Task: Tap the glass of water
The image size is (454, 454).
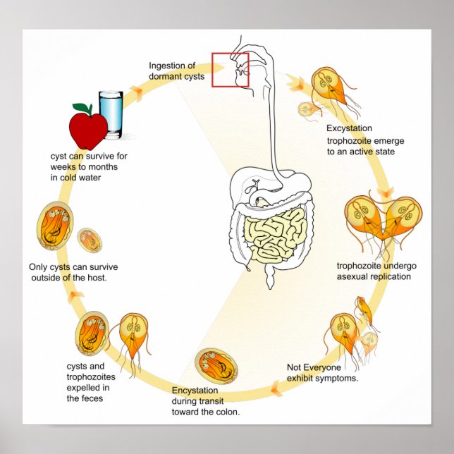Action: (x=111, y=114)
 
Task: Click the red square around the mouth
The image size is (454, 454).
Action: (x=231, y=69)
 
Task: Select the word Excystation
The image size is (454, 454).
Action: (x=349, y=128)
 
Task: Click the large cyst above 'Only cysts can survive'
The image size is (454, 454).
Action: (x=54, y=227)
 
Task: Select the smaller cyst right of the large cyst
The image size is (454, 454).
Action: (x=90, y=240)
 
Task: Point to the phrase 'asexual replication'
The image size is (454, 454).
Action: (x=373, y=276)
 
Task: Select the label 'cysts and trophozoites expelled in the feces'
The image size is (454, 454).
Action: (x=87, y=382)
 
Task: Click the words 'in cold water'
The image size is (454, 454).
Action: (x=75, y=178)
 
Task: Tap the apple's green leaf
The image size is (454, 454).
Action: (x=83, y=108)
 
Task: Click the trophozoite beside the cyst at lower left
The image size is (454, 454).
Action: (x=133, y=336)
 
